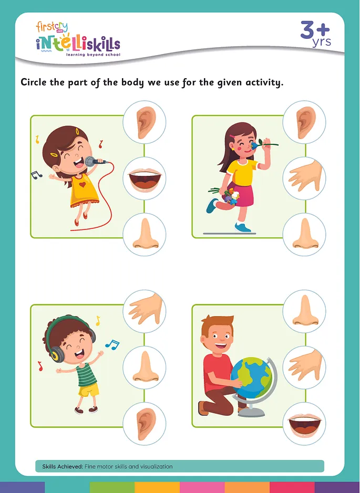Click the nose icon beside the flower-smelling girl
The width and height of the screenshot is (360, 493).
tap(304, 234)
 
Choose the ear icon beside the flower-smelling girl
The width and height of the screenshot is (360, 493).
tap(304, 122)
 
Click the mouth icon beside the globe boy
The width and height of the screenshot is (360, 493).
tap(304, 423)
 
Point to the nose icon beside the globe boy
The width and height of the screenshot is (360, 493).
tap(304, 311)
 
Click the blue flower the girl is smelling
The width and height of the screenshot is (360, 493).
tap(259, 143)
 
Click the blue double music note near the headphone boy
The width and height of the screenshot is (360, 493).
tap(112, 344)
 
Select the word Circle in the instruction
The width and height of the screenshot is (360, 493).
tap(36, 82)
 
